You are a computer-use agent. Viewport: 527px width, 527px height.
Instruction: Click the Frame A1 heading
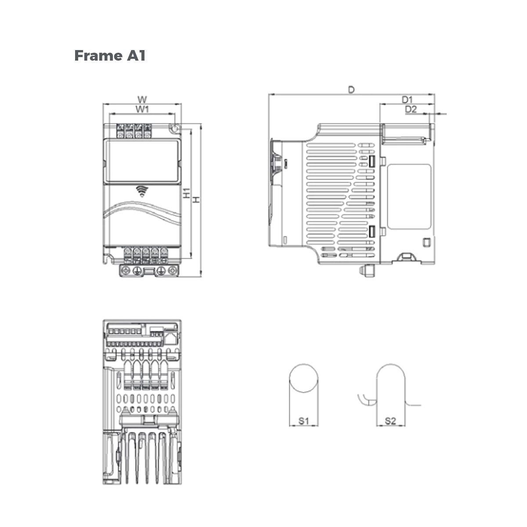[x=110, y=56]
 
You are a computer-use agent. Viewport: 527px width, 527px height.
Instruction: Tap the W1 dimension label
[x=141, y=108]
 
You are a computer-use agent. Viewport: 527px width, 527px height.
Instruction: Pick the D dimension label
[x=351, y=90]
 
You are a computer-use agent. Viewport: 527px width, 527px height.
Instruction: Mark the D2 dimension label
[x=411, y=109]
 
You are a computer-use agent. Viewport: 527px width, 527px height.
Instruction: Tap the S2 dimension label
[x=390, y=421]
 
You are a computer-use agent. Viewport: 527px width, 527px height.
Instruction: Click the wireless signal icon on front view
[x=141, y=190]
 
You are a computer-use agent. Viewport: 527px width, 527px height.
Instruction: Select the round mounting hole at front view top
[x=175, y=129]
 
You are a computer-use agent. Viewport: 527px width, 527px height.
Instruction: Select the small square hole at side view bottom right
[x=425, y=242]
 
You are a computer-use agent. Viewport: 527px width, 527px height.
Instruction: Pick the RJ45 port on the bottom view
[x=170, y=337]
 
